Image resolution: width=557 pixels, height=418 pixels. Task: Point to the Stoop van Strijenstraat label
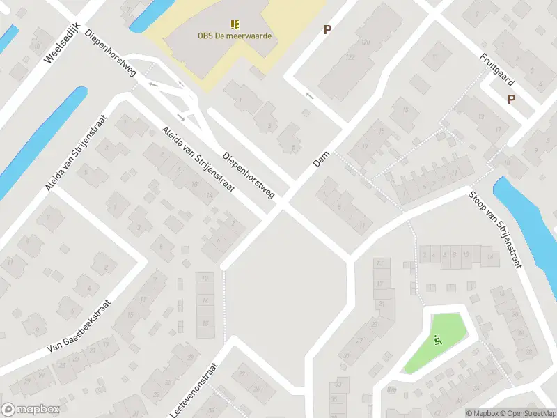click(495, 231)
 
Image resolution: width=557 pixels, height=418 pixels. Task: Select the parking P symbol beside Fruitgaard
click(511, 100)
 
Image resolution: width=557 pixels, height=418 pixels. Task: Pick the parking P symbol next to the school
click(327, 29)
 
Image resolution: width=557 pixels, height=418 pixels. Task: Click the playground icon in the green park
click(437, 340)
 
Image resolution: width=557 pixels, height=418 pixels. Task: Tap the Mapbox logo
click(31, 410)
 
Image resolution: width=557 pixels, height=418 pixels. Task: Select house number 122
click(350, 56)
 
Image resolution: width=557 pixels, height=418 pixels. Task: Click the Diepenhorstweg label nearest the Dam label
click(249, 174)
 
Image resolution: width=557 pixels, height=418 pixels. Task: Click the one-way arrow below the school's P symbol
click(309, 96)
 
